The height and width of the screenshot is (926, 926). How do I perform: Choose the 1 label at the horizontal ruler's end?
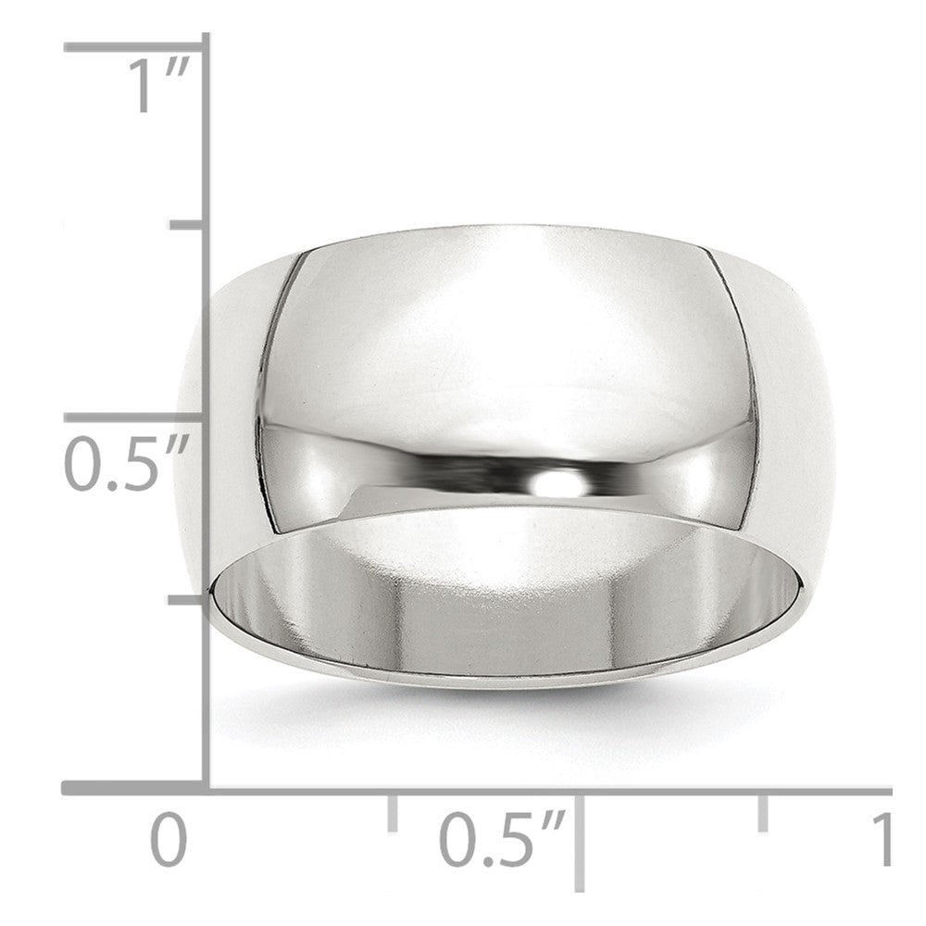click(882, 839)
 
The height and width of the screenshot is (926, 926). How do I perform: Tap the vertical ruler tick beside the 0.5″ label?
click(134, 419)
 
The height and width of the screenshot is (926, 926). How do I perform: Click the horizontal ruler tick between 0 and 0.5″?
click(393, 811)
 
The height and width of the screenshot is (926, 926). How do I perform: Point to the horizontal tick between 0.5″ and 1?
click(763, 811)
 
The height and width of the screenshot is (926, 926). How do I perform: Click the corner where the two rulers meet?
click(206, 789)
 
